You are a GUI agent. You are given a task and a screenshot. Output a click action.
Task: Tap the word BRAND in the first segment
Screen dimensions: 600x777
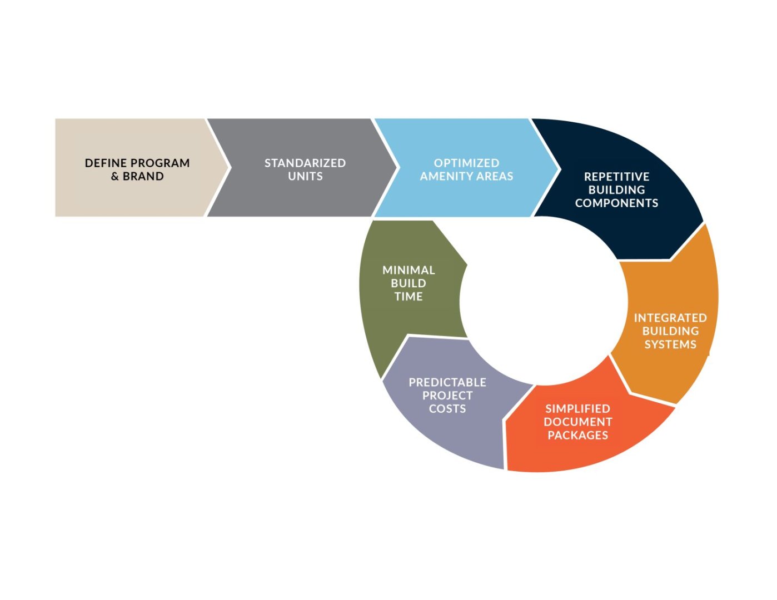pyautogui.click(x=143, y=177)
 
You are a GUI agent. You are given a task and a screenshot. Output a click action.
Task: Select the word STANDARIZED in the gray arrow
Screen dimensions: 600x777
pyautogui.click(x=305, y=163)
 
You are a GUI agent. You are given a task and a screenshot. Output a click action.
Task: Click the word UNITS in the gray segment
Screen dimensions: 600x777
pyautogui.click(x=305, y=177)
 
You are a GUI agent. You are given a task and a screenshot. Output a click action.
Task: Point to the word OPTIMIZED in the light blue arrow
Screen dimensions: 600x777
pyautogui.click(x=466, y=163)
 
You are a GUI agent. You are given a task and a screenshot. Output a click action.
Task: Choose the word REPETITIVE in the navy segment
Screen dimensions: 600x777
pyautogui.click(x=616, y=177)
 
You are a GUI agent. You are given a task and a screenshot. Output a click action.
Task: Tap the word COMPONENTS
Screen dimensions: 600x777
pyautogui.click(x=616, y=203)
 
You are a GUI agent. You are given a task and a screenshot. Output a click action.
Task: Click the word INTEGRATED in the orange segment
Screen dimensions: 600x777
pyautogui.click(x=670, y=318)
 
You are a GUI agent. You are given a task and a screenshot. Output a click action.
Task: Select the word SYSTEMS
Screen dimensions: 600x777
pyautogui.click(x=670, y=344)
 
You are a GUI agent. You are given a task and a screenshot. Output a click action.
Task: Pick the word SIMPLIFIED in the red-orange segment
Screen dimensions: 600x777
pyautogui.click(x=577, y=409)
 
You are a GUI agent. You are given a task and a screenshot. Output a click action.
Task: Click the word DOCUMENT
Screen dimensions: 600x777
pyautogui.click(x=577, y=422)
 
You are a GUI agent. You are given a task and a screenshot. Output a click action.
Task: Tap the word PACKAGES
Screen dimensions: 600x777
pyautogui.click(x=577, y=436)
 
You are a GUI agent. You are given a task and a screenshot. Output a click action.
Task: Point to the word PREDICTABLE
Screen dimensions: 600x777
pyautogui.click(x=447, y=383)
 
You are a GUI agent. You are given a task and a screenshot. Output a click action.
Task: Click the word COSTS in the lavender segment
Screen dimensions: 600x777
pyautogui.click(x=447, y=409)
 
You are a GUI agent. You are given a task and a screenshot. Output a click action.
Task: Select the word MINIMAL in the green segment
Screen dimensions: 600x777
pyautogui.click(x=409, y=271)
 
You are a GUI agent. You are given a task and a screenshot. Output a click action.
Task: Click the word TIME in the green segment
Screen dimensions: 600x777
pyautogui.click(x=409, y=297)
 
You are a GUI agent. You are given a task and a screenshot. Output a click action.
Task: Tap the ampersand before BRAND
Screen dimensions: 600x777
pyautogui.click(x=115, y=177)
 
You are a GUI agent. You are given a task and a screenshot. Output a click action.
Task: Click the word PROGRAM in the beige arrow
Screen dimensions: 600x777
pyautogui.click(x=160, y=163)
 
